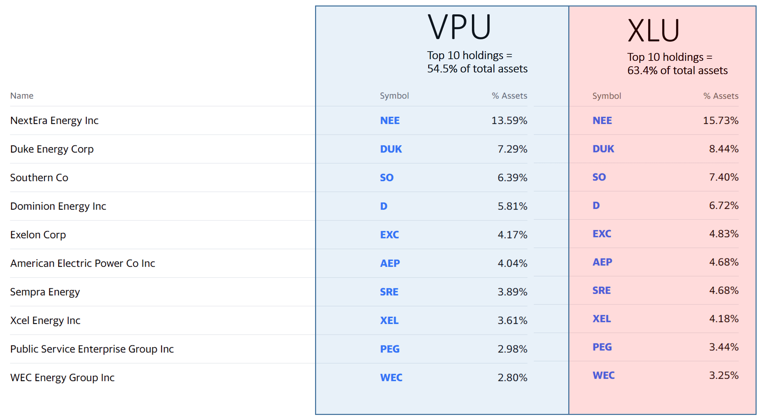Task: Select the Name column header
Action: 22,96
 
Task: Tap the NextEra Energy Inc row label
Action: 54,121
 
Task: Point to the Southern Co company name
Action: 39,178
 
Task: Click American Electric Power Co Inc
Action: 83,263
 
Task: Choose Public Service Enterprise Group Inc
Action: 92,349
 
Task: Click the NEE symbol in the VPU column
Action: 390,121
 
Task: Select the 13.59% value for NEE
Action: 509,121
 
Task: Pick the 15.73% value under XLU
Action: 720,121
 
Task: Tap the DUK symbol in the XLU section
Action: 603,149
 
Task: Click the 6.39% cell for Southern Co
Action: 512,178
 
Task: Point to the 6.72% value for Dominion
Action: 723,205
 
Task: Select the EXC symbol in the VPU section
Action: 390,235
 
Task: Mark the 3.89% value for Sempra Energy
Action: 512,292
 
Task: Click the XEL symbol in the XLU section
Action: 601,319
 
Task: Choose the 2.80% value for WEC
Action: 512,378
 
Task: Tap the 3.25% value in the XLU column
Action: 723,376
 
